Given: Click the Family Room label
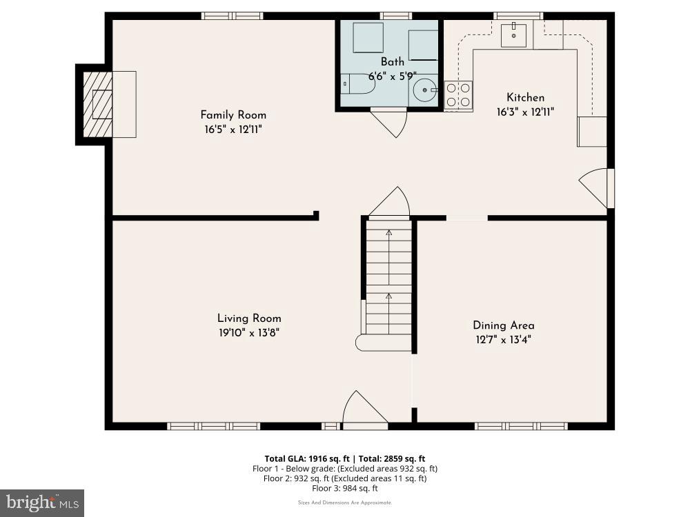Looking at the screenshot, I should pos(233,115).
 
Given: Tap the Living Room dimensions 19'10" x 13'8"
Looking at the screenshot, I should pos(249,332).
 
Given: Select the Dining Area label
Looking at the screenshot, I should pos(503,325).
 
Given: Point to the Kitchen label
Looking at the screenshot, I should pos(525,98).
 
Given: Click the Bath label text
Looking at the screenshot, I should pos(393,62).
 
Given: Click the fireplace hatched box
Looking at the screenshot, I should pos(97,105).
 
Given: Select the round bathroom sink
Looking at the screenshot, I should pos(424,90).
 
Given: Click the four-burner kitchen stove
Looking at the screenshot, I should pos(459,95).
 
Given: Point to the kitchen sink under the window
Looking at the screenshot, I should pos(514,34).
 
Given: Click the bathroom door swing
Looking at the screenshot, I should pos(390,122).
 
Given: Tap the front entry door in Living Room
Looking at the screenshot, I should pos(364,409).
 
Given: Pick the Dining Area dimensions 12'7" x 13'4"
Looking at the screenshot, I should pos(503,339).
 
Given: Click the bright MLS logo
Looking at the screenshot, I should pos(42,503).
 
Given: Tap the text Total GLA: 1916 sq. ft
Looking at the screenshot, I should pos(308,458).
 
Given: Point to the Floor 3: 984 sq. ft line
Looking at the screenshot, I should pos(345,488).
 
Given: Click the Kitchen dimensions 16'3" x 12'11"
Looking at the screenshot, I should pos(525,112).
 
